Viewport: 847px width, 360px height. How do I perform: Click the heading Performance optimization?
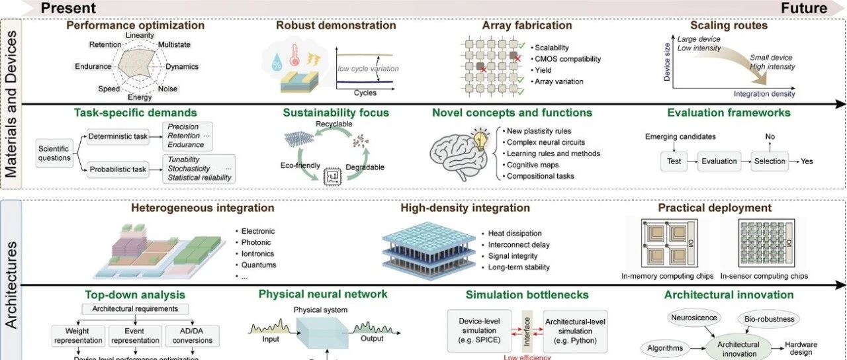(135, 26)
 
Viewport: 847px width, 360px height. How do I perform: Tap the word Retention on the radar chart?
(105, 45)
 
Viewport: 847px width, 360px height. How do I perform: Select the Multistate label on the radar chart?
(175, 45)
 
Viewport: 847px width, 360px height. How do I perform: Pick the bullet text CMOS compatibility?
(568, 59)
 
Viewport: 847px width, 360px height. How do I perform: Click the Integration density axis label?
(764, 94)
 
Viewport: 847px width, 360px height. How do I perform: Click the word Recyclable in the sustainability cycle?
(334, 124)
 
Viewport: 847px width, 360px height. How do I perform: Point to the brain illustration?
(461, 154)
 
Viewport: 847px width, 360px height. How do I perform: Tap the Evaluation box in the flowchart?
(719, 161)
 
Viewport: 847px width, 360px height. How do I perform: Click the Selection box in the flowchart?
(770, 161)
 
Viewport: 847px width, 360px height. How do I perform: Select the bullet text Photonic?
(258, 242)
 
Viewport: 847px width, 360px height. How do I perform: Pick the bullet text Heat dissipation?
(515, 234)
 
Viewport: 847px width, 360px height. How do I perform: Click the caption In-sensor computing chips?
(764, 276)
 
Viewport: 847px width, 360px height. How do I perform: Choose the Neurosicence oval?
(694, 318)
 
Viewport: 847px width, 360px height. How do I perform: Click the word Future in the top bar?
(804, 8)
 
